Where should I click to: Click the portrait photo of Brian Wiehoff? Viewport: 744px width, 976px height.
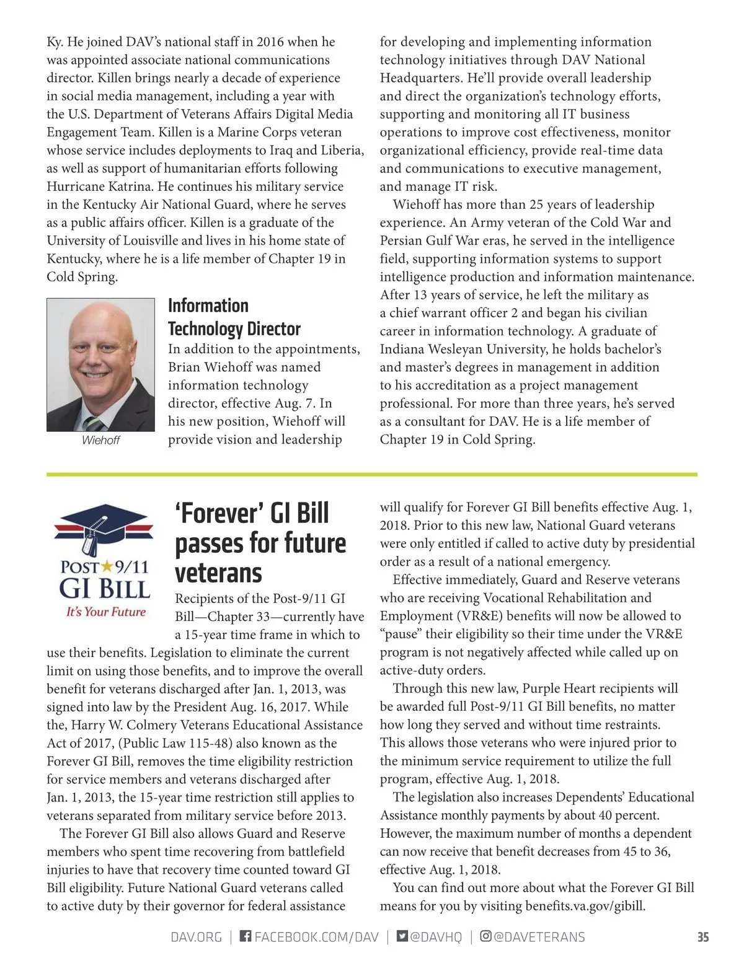click(x=100, y=364)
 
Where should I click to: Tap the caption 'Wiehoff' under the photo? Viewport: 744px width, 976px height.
click(x=100, y=440)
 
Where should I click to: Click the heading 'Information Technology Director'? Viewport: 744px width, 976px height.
click(x=234, y=317)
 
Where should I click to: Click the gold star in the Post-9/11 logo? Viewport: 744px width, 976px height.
click(x=107, y=566)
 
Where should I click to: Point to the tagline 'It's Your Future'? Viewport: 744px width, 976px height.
click(x=106, y=612)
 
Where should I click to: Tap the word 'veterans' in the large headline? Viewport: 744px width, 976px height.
click(x=218, y=573)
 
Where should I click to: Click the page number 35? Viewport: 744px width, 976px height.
click(x=702, y=937)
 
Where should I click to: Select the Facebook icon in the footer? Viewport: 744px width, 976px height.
click(x=246, y=936)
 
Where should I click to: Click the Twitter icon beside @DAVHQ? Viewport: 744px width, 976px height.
click(x=402, y=936)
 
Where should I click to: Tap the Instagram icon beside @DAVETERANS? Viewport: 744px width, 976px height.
click(x=486, y=936)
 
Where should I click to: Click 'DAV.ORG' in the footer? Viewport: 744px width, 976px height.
click(x=196, y=937)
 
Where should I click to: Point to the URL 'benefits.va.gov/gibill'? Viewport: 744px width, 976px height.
click(x=585, y=906)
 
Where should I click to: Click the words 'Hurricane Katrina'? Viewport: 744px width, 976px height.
click(x=100, y=187)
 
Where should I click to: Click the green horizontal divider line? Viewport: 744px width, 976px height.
click(x=372, y=474)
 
